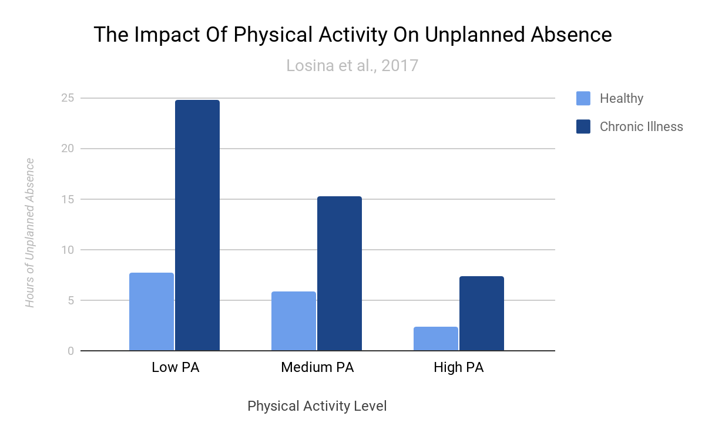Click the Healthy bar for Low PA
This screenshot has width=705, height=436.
tap(152, 312)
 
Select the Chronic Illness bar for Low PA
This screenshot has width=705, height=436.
tap(197, 226)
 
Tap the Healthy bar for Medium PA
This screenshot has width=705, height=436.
tap(294, 321)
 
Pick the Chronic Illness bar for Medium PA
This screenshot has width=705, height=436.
tap(340, 274)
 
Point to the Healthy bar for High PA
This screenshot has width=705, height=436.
tap(436, 339)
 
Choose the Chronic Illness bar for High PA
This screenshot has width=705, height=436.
tap(482, 314)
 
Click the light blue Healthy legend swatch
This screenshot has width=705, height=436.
tap(583, 99)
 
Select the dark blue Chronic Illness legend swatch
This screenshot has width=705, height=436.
tap(583, 126)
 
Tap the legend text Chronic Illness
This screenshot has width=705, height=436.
tap(641, 126)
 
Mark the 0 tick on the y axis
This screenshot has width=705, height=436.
tap(70, 351)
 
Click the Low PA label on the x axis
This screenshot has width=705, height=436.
tap(175, 368)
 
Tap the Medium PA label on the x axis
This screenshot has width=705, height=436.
tap(317, 368)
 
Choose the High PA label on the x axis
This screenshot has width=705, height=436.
tap(459, 368)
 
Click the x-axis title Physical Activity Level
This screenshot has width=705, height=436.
tap(317, 406)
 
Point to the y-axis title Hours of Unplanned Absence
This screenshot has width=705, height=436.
tap(30, 233)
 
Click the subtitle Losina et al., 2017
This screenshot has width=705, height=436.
tap(352, 65)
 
